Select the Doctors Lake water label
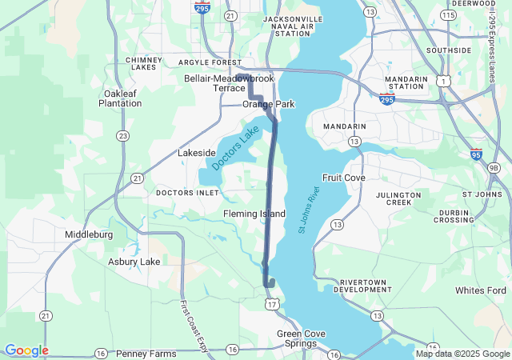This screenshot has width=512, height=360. click(237, 145)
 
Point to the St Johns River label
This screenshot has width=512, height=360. click(309, 210)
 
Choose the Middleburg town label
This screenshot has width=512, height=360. click(88, 235)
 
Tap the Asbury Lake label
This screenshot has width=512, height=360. click(134, 262)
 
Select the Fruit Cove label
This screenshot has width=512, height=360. click(343, 177)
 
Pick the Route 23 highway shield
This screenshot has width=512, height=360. click(122, 136)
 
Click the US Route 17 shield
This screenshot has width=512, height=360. click(273, 304)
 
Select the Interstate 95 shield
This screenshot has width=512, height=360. click(476, 154)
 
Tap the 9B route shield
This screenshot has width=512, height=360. click(494, 167)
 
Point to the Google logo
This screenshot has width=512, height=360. click(26, 350)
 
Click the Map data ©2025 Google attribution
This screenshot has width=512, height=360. click(462, 354)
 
